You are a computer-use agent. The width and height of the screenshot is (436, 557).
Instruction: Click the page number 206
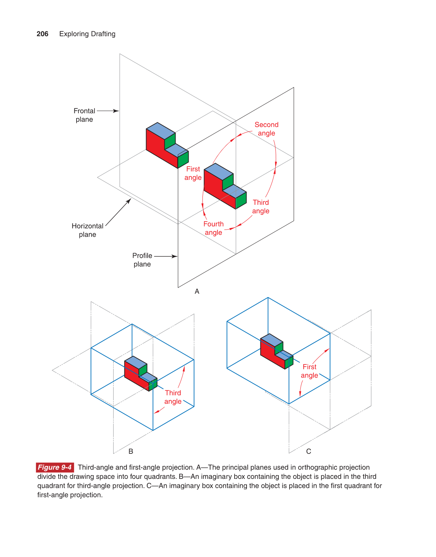(42, 34)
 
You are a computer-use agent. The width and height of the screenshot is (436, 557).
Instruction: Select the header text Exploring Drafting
(87, 34)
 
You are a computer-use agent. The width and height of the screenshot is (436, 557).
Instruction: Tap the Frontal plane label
(84, 115)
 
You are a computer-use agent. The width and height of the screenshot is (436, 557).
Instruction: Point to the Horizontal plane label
(87, 230)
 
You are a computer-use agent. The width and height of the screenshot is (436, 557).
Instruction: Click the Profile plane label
(142, 260)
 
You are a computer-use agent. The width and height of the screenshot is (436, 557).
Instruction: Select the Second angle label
(266, 129)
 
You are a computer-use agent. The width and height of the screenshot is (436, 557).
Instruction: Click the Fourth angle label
(213, 228)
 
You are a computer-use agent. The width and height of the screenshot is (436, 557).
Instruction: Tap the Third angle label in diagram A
(261, 207)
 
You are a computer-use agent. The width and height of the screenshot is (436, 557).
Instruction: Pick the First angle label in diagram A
(193, 173)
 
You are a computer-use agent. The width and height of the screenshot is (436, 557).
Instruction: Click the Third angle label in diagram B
(173, 397)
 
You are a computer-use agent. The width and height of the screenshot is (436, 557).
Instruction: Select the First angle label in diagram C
(309, 371)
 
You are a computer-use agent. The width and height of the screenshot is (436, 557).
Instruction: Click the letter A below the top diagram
(197, 292)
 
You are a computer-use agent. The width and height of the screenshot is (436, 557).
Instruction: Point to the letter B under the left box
(131, 452)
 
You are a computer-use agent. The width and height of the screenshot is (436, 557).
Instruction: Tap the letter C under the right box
(309, 452)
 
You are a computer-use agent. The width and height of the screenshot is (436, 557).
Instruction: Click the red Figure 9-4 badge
(55, 467)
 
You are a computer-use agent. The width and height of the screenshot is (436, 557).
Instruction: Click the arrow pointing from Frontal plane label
(108, 111)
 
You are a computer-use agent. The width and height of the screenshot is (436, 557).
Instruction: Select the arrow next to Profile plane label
(166, 256)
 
